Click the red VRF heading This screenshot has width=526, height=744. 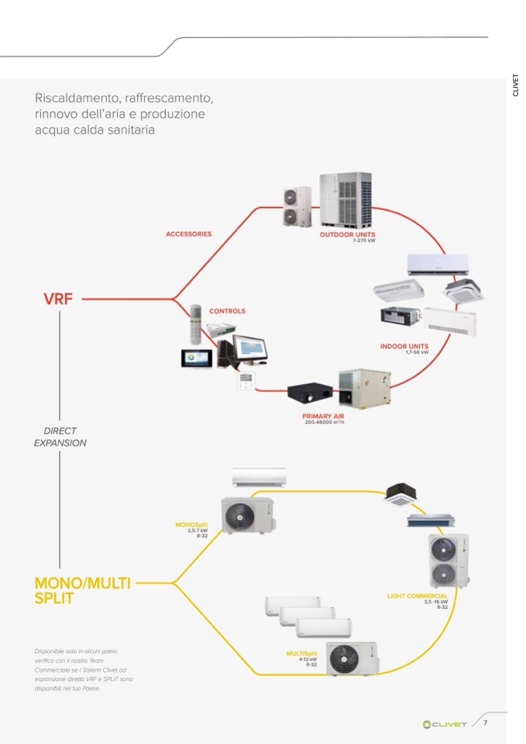click(x=58, y=298)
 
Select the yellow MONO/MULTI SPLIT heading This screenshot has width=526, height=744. click(x=82, y=590)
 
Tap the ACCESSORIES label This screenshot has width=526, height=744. click(x=189, y=234)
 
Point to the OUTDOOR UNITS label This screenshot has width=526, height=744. click(x=347, y=234)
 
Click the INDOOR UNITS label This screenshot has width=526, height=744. click(x=405, y=346)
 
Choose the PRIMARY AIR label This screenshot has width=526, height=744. click(x=323, y=416)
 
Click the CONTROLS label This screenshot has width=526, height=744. click(x=227, y=311)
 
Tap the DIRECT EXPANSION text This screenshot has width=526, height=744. click(x=60, y=437)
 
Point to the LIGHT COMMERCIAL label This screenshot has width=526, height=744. click(x=417, y=596)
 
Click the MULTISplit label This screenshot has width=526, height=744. click(x=302, y=653)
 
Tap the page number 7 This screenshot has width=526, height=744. click(x=486, y=723)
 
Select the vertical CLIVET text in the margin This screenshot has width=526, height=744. click(x=516, y=85)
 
